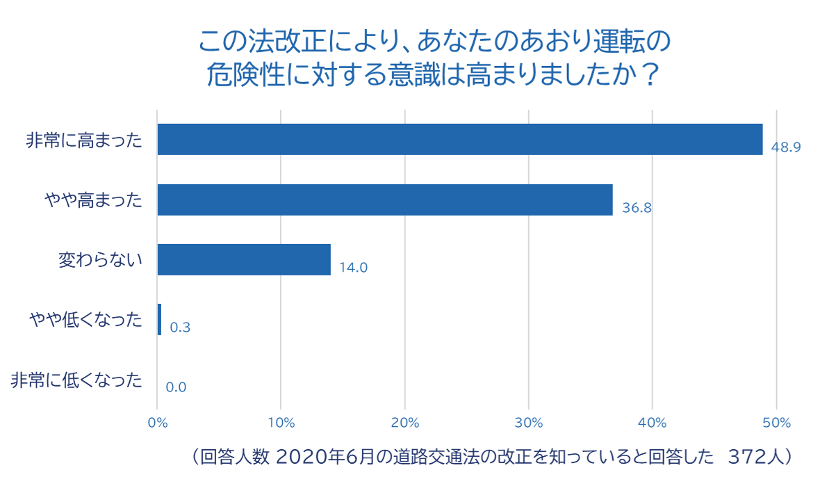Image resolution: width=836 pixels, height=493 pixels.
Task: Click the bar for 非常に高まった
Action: tap(459, 139)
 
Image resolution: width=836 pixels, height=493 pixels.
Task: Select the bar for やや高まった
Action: tap(384, 200)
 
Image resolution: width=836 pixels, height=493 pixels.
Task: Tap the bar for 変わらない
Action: tap(244, 259)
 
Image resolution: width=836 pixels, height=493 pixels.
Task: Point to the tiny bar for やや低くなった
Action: tap(160, 320)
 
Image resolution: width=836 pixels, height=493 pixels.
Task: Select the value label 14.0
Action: tap(353, 268)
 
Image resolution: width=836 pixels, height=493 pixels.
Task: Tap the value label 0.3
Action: tap(180, 328)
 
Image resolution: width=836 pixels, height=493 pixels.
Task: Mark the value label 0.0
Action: tap(176, 387)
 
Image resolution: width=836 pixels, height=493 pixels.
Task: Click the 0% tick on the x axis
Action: tap(158, 422)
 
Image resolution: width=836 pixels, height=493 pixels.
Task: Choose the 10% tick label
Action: tap(281, 422)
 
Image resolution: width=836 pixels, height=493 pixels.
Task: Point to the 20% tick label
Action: tap(404, 422)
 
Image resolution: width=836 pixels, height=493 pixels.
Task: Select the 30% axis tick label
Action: tap(528, 422)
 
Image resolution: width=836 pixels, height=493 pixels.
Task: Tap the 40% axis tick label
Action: tap(652, 422)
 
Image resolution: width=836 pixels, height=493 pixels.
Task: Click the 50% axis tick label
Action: tap(776, 422)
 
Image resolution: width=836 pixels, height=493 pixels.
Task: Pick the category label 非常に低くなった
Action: tap(76, 380)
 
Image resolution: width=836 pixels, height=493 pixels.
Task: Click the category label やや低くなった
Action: tap(85, 320)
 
